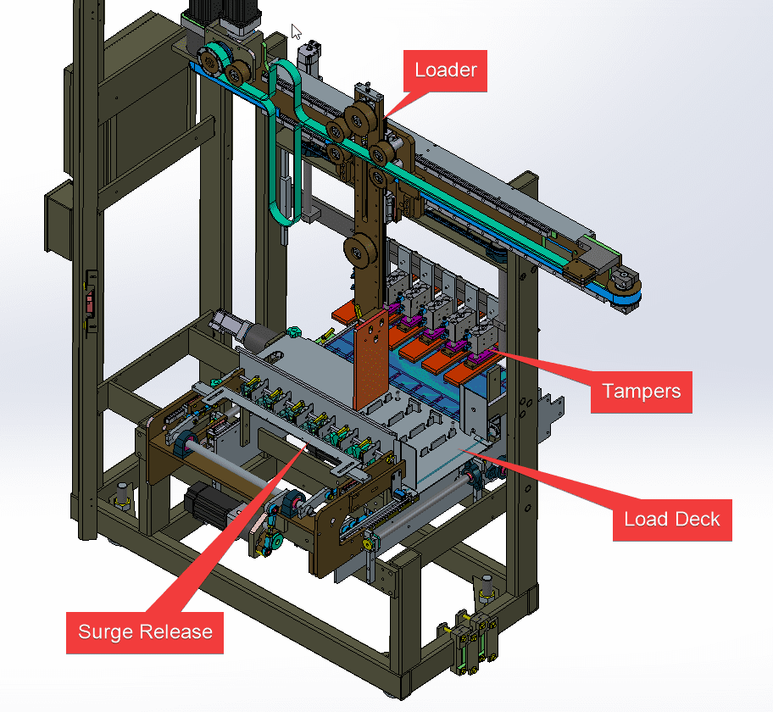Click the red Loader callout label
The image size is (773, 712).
[x=446, y=70]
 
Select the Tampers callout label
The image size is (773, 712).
[x=641, y=391]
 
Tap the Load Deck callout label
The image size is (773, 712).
[x=671, y=518]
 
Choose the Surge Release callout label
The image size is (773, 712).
[x=145, y=631]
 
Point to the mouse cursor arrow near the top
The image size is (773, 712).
[x=296, y=31]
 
